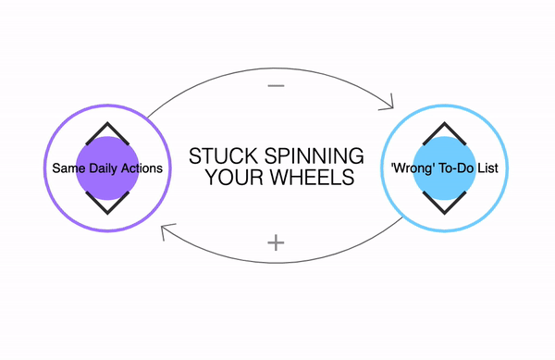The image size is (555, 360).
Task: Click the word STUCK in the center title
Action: coord(223,156)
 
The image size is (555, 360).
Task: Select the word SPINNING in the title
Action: coord(314,156)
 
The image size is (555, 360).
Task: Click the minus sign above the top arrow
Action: coord(276,86)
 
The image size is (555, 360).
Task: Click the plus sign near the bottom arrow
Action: coord(276,242)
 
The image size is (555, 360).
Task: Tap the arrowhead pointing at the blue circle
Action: coord(388,104)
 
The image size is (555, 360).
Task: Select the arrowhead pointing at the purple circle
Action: coord(166,230)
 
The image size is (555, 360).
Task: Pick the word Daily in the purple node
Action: coord(104,168)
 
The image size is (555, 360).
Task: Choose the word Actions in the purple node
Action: coord(142,168)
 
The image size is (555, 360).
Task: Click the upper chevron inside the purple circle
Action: coord(107,124)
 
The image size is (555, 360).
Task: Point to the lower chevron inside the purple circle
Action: coord(107,212)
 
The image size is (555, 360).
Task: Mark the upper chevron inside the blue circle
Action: coord(445,124)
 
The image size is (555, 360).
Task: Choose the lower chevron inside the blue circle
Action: coord(445,212)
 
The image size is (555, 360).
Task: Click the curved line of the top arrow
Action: coord(273,68)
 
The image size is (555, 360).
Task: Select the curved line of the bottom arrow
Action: coord(279,263)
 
